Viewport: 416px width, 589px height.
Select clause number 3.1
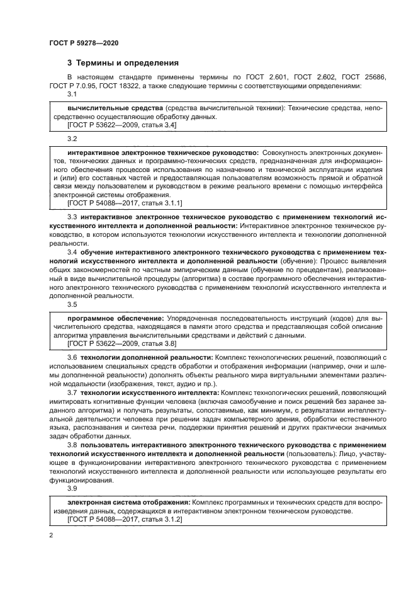[72, 94]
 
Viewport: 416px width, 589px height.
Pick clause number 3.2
[72, 138]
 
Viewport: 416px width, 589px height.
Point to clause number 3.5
[72, 305]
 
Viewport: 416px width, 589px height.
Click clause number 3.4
[72, 252]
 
